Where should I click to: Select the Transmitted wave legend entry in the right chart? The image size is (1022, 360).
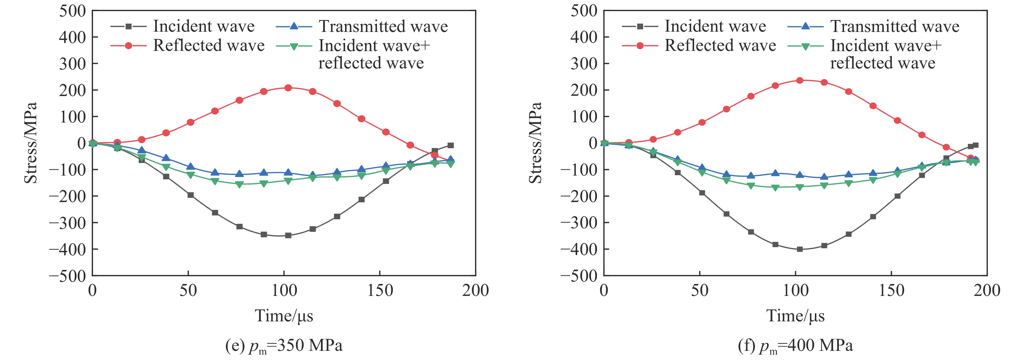pyautogui.click(x=895, y=27)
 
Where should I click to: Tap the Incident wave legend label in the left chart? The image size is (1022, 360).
pyautogui.click(x=204, y=27)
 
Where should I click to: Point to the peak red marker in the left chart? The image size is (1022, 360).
pyautogui.click(x=288, y=88)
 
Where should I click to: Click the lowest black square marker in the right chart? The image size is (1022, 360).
pyautogui.click(x=800, y=249)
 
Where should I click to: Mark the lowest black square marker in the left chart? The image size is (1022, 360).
pyautogui.click(x=288, y=235)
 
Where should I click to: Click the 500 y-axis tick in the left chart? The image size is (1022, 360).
pyautogui.click(x=73, y=11)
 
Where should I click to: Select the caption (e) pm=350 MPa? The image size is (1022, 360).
pyautogui.click(x=284, y=346)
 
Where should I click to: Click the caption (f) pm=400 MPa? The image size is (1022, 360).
pyautogui.click(x=795, y=346)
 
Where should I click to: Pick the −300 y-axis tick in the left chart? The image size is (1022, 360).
pyautogui.click(x=67, y=223)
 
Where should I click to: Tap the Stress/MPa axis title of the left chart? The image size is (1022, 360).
pyautogui.click(x=31, y=143)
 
